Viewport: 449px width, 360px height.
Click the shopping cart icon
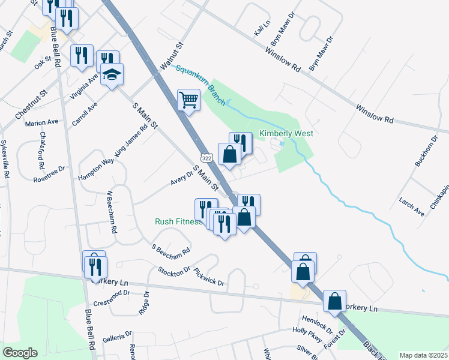(188, 100)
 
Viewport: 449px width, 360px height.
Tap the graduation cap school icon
(112, 74)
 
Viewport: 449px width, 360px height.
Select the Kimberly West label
(286, 133)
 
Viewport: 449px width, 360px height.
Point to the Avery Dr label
(180, 176)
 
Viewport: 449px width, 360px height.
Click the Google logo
(20, 353)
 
